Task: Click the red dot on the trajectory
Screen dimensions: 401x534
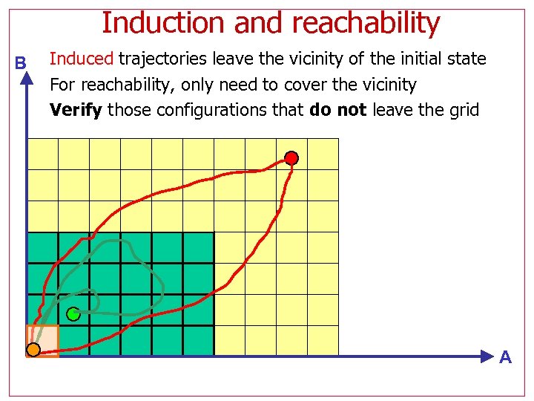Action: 292,158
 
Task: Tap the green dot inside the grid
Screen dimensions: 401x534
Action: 73,314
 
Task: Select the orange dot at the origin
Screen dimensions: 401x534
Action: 33,349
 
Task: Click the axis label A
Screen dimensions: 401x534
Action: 505,358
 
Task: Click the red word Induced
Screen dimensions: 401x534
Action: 82,59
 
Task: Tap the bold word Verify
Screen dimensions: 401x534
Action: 76,111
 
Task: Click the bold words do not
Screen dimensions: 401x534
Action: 338,111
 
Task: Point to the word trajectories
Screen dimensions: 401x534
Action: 162,59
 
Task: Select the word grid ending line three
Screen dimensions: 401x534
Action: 464,111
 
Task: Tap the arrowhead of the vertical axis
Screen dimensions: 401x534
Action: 27,79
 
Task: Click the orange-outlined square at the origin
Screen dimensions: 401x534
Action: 42,341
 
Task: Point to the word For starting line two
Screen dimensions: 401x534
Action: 62,85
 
